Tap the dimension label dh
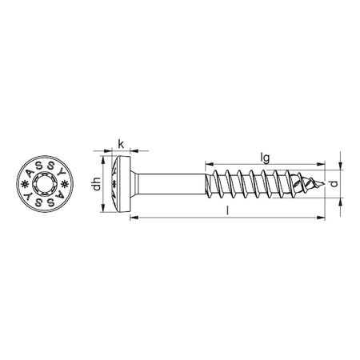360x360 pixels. click(96, 186)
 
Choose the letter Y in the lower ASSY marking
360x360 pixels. click(30, 200)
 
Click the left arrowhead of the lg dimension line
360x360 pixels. click(210, 163)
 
